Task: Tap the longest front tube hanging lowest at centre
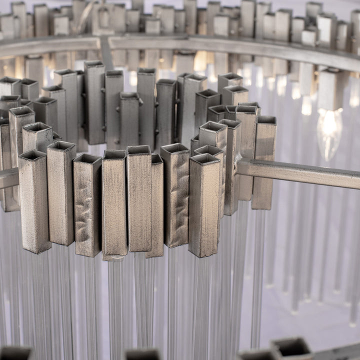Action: [114, 205]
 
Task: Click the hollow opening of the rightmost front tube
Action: [204, 159]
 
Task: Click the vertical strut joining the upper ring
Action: [106, 52]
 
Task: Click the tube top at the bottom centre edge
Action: [142, 354]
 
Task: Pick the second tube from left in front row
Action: [61, 195]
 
